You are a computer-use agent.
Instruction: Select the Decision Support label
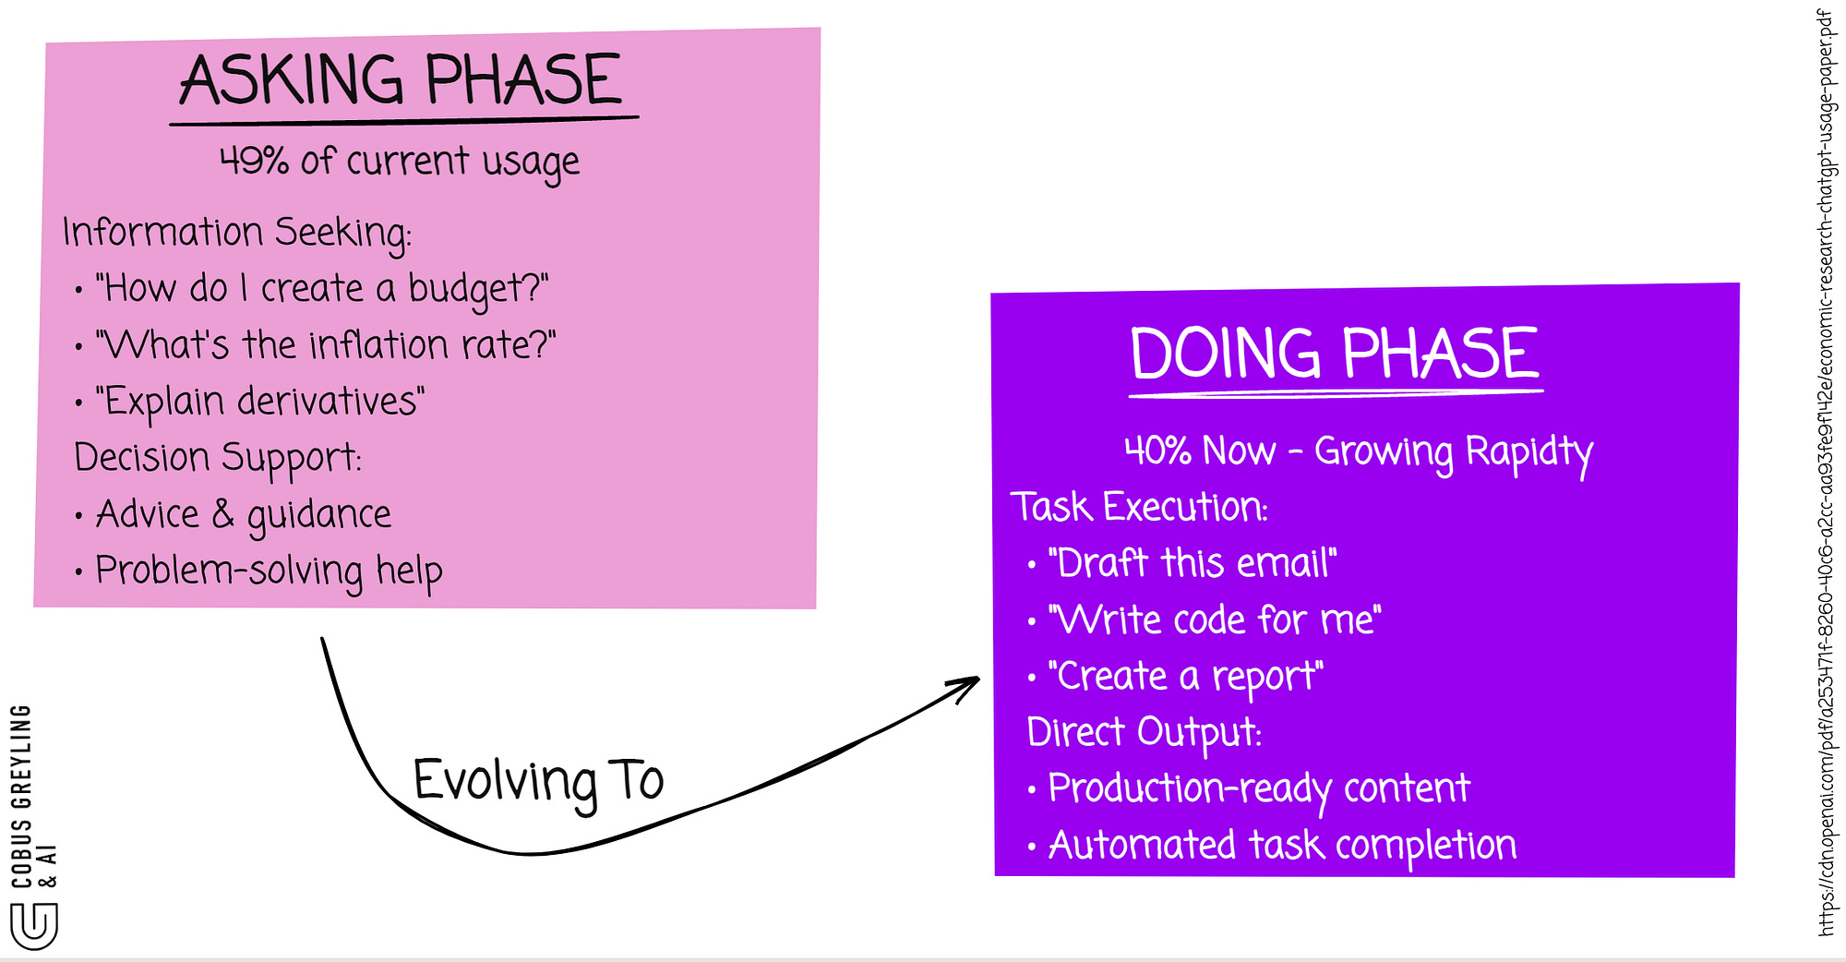[218, 458]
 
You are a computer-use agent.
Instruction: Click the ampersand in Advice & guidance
[222, 513]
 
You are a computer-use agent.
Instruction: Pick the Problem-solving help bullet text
[269, 571]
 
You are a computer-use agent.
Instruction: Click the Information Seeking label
[236, 232]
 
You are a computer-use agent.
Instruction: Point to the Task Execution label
[1139, 507]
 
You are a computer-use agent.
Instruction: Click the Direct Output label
[1145, 732]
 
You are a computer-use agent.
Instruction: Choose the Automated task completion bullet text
[1282, 845]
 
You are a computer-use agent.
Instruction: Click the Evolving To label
[538, 781]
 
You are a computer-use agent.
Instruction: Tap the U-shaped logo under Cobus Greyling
[34, 926]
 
